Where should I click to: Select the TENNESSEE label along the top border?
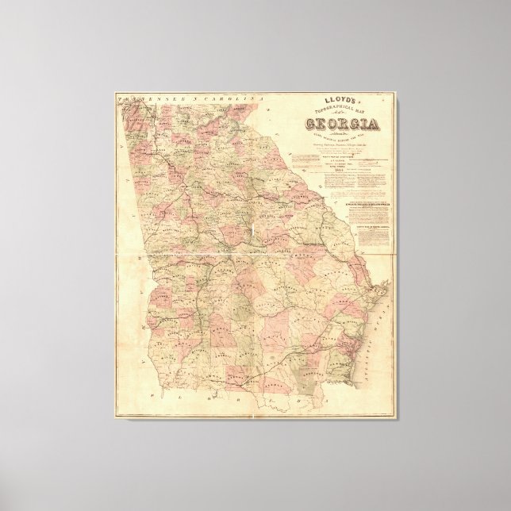143,101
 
